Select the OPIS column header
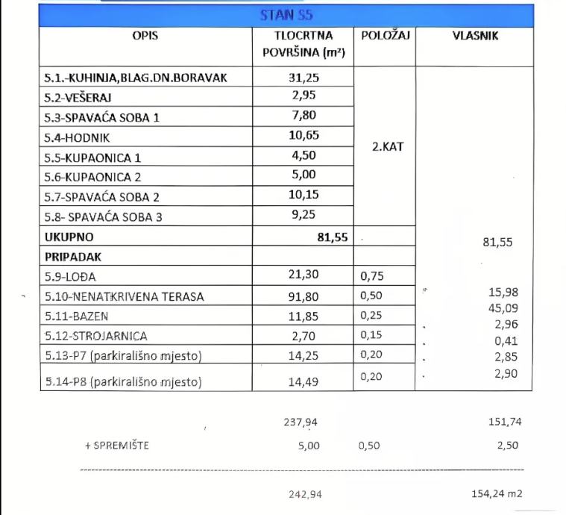[150, 35]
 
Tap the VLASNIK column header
[475, 35]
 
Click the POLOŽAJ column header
[386, 35]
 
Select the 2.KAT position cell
[387, 146]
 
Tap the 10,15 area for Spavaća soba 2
[303, 196]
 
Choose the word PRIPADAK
[72, 256]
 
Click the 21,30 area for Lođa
[303, 275]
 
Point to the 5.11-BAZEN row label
[76, 316]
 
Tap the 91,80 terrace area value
[303, 296]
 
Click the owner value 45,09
[503, 308]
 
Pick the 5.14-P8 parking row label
[123, 382]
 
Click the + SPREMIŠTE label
[117, 446]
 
